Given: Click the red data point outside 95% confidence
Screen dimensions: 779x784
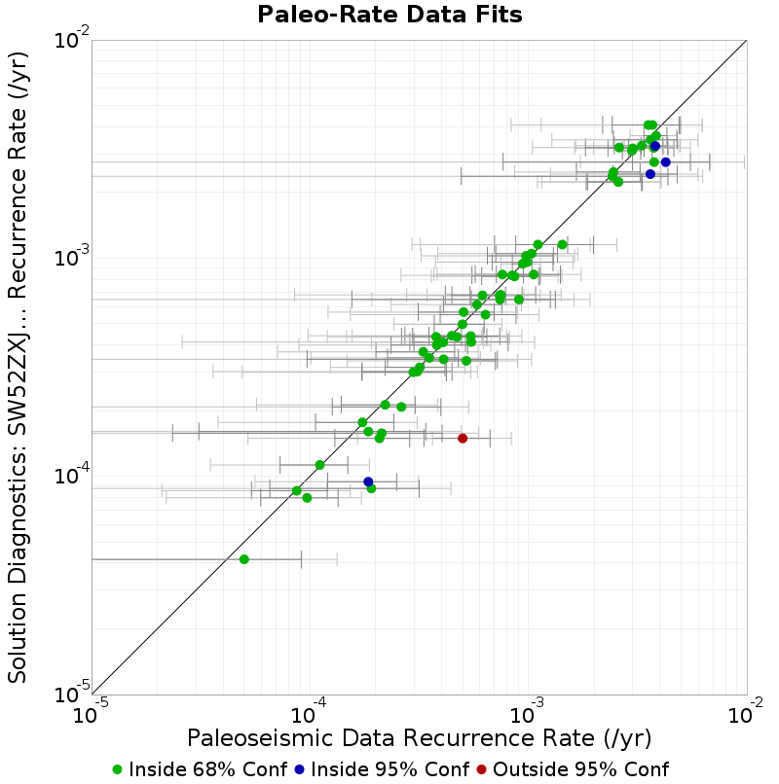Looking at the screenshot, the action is point(463,439).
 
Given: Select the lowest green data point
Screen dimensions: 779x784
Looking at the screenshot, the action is point(244,559).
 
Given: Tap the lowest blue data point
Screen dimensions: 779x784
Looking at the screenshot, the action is point(368,482).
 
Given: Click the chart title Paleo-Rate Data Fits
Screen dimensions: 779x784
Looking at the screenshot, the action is point(389,15).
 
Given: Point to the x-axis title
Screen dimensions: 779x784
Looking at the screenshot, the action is point(419,738).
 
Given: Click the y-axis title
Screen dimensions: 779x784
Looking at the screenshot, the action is point(18,367).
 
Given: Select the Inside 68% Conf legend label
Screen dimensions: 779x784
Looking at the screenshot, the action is point(208,769).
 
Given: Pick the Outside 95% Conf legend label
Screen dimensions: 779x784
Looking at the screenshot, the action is point(580,769).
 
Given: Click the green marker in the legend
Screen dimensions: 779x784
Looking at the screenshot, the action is point(118,770).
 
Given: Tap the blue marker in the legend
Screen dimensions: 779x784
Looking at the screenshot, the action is point(299,770).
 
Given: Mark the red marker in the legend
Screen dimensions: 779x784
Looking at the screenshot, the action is point(482,770).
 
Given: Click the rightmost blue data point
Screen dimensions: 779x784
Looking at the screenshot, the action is point(665,162).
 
